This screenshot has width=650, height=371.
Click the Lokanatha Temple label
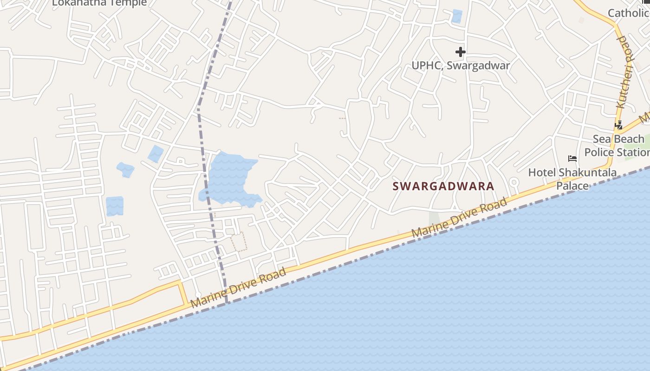(x=99, y=3)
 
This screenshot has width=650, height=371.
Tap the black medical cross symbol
(x=460, y=52)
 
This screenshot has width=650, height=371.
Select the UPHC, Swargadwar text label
(x=461, y=65)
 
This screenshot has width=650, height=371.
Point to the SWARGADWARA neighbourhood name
(x=443, y=186)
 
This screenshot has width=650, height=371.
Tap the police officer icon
(x=618, y=125)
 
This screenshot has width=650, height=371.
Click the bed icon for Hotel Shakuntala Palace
(x=572, y=159)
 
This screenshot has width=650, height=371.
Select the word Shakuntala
(x=587, y=173)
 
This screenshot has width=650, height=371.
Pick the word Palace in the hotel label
(x=572, y=186)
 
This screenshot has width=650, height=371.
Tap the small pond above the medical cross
(x=457, y=16)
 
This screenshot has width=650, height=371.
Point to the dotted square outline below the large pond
(x=239, y=242)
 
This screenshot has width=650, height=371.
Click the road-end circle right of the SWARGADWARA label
(x=513, y=181)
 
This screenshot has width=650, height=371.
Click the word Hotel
(x=542, y=173)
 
